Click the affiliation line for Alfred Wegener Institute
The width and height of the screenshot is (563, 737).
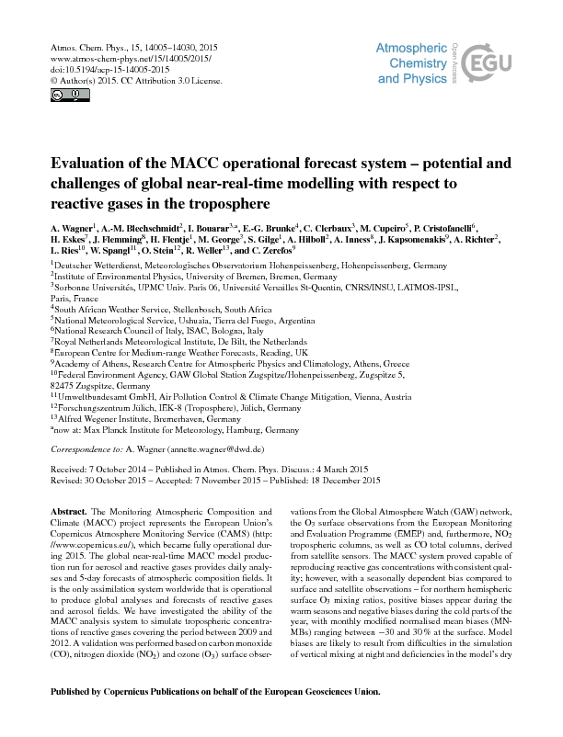click(123, 418)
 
